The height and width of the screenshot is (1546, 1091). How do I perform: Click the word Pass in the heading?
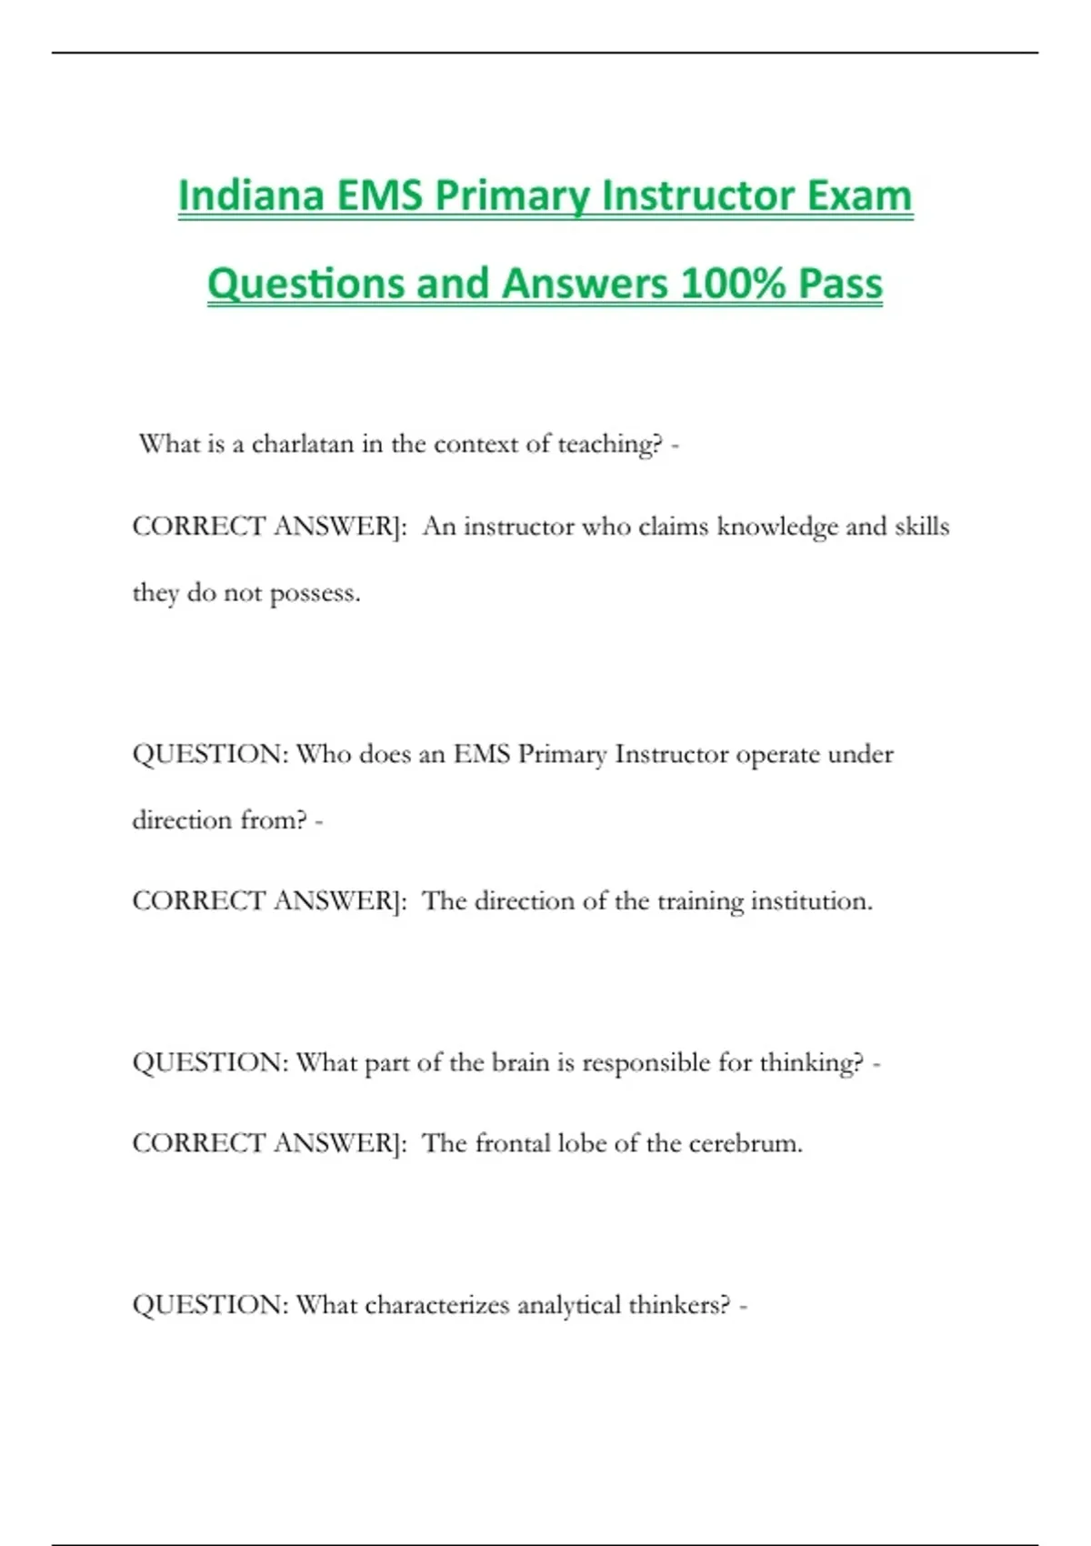tap(840, 283)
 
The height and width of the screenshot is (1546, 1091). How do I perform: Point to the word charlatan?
tap(302, 444)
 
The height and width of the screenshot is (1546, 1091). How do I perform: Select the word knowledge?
tap(776, 527)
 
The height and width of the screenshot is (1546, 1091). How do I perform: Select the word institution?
tap(811, 901)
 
